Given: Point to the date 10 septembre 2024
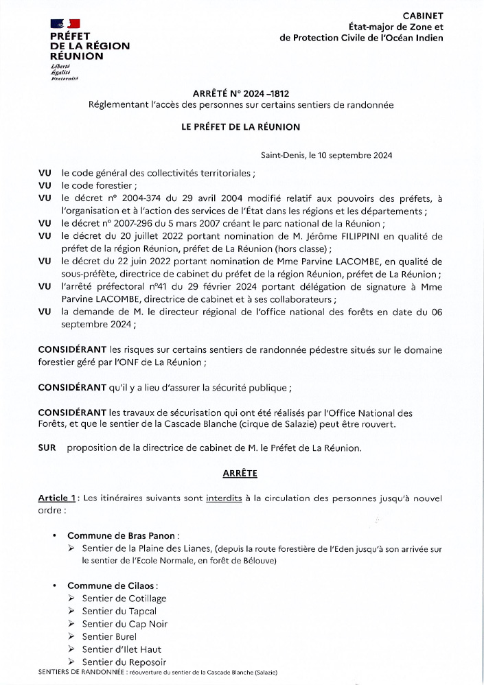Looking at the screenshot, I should [x=352, y=155].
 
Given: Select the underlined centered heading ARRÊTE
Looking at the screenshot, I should [x=240, y=474].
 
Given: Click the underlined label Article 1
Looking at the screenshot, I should [x=56, y=498].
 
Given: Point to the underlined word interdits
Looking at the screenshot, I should [x=223, y=498].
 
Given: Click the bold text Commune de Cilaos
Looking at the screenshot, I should [x=112, y=585].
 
